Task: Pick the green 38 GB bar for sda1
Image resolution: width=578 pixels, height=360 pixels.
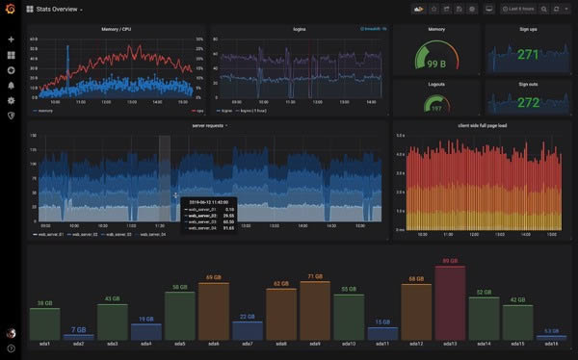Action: (44, 322)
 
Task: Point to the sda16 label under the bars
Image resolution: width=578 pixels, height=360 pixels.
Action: (551, 344)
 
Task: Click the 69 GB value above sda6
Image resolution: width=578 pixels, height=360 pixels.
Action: (214, 277)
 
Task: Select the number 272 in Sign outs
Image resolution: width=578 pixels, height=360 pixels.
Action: (528, 100)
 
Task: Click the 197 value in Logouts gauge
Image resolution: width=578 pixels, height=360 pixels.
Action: (435, 108)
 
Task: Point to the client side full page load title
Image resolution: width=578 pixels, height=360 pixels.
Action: (482, 125)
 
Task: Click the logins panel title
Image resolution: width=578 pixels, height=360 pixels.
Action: (300, 29)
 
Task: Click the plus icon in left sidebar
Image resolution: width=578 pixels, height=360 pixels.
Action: (11, 39)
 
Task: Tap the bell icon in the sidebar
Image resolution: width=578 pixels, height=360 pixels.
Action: (11, 85)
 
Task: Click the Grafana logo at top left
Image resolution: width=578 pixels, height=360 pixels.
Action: (11, 10)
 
